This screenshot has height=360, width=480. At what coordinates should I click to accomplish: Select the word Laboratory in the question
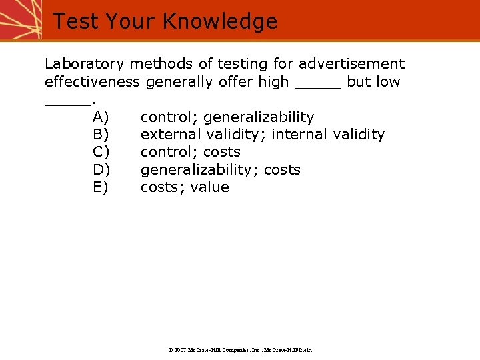[84, 64]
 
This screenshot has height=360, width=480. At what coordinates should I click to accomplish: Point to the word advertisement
[351, 64]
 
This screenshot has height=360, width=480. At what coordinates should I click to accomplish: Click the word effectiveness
[92, 82]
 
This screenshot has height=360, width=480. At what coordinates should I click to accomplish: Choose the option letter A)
[101, 117]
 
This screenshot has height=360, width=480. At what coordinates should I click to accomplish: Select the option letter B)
[101, 135]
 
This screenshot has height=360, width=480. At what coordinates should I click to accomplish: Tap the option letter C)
[101, 152]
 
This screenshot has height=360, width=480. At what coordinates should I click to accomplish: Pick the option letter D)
[101, 170]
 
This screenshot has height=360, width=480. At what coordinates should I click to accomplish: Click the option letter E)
[101, 187]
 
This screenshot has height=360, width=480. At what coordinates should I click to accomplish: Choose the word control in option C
[168, 152]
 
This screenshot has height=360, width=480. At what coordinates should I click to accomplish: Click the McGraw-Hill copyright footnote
[239, 349]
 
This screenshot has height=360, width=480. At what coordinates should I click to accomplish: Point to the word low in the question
[387, 82]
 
